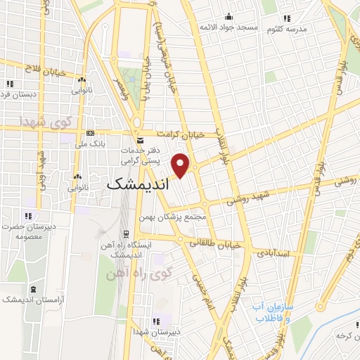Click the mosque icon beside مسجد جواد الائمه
pos(229,17)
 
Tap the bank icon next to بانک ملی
pos(89,133)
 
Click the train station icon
pos(126,233)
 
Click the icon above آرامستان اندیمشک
pos(32,289)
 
